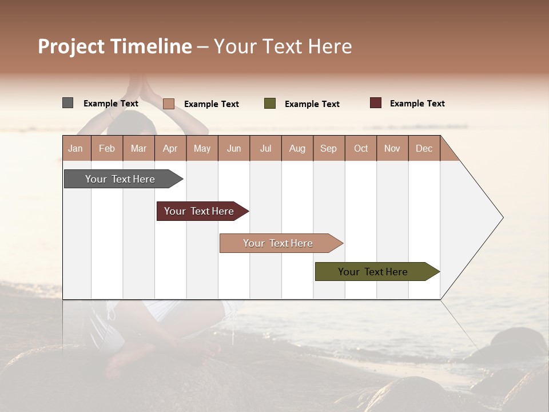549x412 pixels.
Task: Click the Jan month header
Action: pos(75,149)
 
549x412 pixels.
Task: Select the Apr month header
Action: pos(170,149)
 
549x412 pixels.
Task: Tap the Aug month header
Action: pos(297,149)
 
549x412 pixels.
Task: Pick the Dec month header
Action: pos(424,149)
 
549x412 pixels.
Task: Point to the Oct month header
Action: pos(360,149)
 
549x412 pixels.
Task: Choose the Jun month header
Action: pos(233,149)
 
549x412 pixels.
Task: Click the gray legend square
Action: pos(67,103)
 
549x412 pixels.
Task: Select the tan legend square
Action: pos(168,104)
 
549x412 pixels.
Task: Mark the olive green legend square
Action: pos(269,104)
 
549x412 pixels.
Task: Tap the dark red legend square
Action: pos(375,103)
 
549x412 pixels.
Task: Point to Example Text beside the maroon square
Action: pos(417,104)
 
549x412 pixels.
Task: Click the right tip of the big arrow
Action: pos(502,217)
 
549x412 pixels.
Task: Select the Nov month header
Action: pos(392,149)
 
